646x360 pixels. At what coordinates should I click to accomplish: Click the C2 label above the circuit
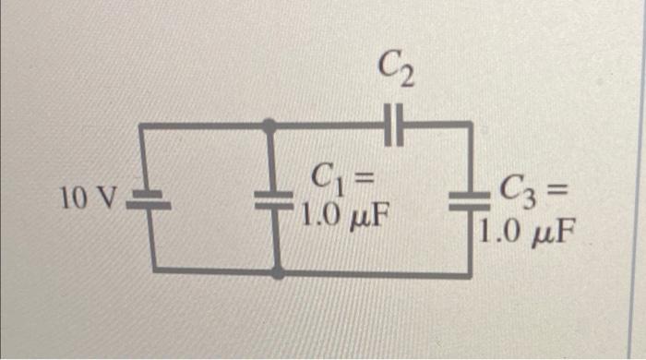point(395,67)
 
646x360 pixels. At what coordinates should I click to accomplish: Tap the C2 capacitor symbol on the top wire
point(395,124)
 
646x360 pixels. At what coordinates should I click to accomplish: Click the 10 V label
point(89,197)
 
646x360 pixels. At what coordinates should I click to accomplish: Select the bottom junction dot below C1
point(278,272)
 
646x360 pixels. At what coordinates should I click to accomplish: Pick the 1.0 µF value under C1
point(342,218)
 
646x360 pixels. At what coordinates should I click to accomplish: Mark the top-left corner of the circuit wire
point(141,125)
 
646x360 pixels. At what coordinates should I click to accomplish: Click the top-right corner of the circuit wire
point(470,125)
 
